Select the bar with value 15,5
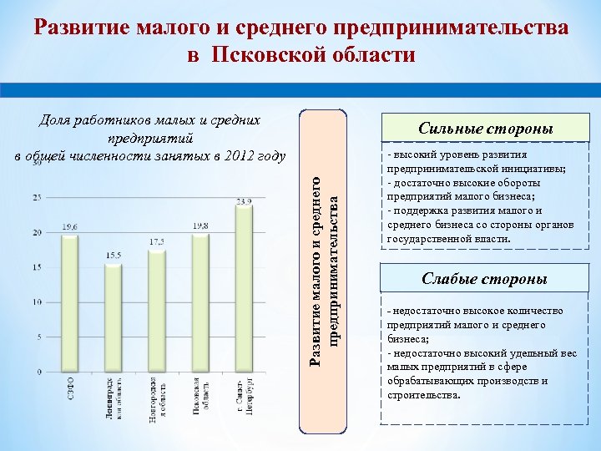113,317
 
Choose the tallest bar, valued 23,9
243,288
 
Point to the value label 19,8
200,225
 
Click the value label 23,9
244,201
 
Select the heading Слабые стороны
478,278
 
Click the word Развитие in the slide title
79,28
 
